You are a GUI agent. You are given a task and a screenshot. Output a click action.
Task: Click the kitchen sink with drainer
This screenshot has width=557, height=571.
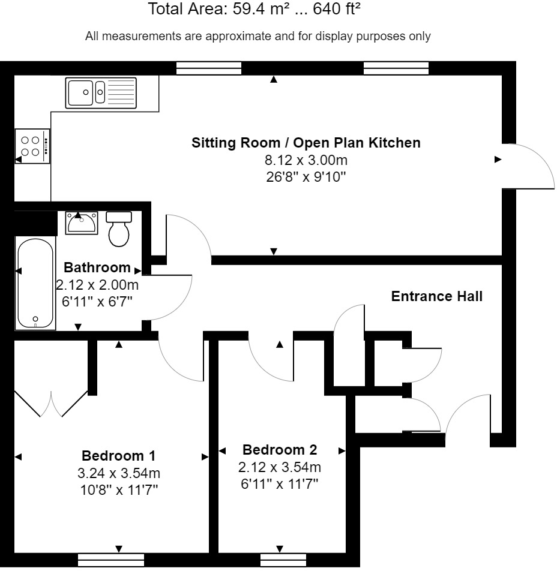[101, 92]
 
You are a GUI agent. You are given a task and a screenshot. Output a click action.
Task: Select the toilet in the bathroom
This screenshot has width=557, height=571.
[119, 229]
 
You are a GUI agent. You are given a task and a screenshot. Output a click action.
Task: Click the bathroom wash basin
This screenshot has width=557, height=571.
[81, 223]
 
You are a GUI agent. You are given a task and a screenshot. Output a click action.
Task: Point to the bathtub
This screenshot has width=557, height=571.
[36, 283]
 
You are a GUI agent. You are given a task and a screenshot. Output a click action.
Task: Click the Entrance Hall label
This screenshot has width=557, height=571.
[436, 296]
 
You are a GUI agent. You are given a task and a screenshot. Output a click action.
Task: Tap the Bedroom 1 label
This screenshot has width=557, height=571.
[119, 455]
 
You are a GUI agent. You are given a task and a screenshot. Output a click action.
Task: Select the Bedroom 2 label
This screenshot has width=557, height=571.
[280, 450]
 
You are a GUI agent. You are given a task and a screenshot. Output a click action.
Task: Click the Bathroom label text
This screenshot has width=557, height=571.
[97, 268]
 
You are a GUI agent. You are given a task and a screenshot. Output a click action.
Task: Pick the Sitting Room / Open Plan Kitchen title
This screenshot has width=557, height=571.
[306, 143]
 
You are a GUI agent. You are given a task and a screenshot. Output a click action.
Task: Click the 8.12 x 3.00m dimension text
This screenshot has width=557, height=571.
[306, 160]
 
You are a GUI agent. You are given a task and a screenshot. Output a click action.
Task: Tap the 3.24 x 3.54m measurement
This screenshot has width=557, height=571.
[119, 473]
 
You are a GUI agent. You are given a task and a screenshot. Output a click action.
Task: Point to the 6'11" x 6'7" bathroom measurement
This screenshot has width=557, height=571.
[97, 302]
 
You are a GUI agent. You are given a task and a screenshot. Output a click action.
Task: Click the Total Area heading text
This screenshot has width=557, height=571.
[254, 10]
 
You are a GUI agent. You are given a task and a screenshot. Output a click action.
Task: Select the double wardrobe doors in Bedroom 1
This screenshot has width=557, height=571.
[52, 403]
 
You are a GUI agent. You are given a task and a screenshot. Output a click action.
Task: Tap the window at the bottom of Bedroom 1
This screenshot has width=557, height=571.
[111, 559]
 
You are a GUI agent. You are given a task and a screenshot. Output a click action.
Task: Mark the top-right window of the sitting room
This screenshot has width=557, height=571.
[396, 68]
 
